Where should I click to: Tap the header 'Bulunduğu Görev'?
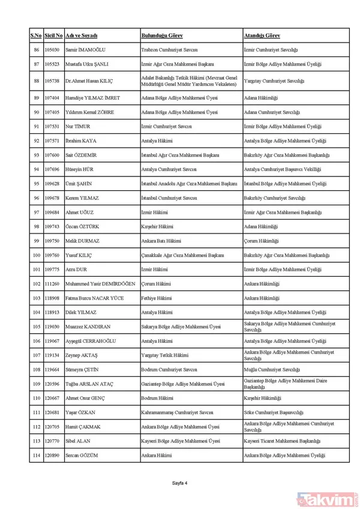(160, 36)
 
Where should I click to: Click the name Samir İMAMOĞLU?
(86, 50)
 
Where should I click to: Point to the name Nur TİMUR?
(79, 127)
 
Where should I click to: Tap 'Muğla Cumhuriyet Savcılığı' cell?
(272, 370)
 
